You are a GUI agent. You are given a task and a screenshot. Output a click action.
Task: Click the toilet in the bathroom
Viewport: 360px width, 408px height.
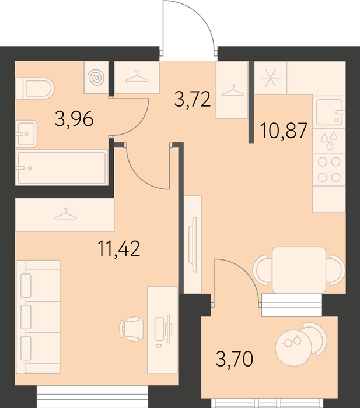[34, 88]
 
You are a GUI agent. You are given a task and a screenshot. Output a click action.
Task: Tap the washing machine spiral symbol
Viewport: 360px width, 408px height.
[96, 78]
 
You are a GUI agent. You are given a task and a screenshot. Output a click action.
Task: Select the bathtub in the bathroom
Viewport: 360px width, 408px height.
[61, 167]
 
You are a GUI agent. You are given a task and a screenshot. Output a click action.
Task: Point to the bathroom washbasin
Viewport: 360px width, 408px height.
[26, 133]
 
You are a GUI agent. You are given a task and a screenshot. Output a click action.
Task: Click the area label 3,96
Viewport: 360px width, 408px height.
[74, 119]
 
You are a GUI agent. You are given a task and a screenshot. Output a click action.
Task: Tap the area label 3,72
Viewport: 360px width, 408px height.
[193, 99]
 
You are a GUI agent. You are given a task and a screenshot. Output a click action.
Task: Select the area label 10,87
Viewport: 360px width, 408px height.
[284, 131]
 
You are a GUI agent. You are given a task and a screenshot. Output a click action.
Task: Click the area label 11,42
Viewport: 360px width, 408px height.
[119, 248]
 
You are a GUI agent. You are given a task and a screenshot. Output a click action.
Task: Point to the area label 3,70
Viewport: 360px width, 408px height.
[235, 358]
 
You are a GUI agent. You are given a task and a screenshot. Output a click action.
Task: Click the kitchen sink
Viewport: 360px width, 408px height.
[329, 112]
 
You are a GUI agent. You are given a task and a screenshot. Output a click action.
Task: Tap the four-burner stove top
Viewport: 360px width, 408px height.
[329, 170]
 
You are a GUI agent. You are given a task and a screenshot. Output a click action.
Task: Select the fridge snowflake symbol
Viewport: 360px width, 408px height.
[271, 78]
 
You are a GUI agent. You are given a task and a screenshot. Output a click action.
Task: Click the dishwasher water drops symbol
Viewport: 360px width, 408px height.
[329, 140]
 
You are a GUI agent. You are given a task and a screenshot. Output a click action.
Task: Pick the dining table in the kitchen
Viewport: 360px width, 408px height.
[299, 270]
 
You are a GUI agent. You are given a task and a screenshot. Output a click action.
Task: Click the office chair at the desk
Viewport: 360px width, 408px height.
[131, 329]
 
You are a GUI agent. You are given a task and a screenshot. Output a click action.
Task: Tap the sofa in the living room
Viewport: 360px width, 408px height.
[38, 316]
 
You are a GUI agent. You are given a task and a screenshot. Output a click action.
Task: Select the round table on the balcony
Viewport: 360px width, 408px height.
[293, 348]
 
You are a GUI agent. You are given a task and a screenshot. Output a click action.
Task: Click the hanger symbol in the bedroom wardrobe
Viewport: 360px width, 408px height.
[66, 214]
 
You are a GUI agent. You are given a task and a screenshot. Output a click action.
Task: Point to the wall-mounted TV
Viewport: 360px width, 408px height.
[193, 245]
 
